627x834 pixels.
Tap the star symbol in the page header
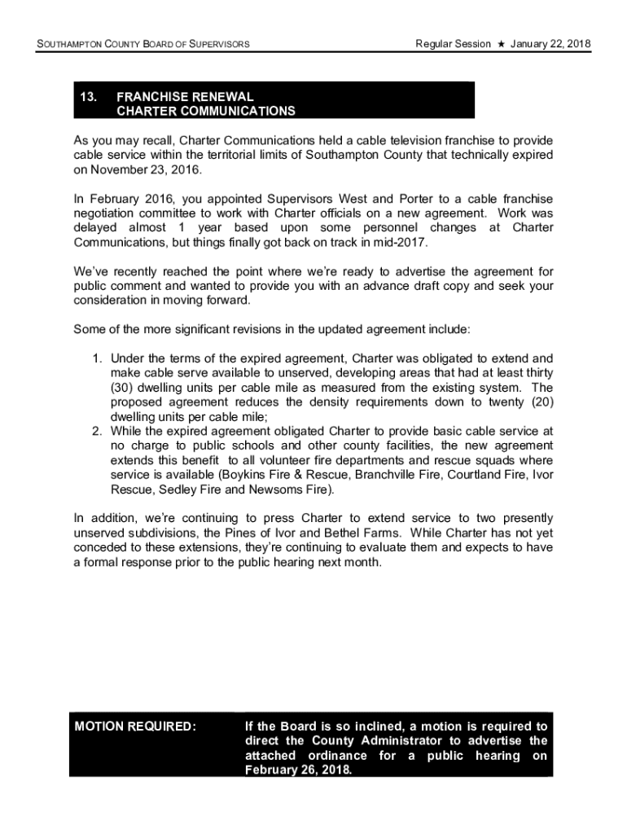[502, 43]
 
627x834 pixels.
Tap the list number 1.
[96, 358]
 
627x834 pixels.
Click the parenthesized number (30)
[124, 388]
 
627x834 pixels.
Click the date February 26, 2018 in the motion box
[298, 770]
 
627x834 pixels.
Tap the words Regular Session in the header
[453, 43]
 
